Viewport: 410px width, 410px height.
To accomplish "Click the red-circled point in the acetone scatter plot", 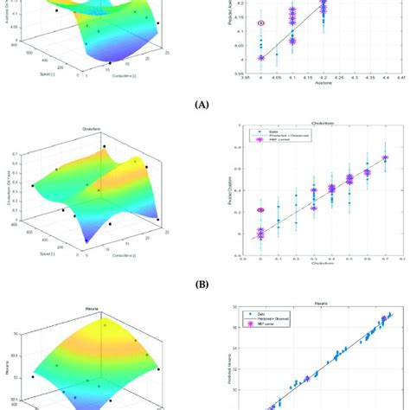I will tap(261, 23).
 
